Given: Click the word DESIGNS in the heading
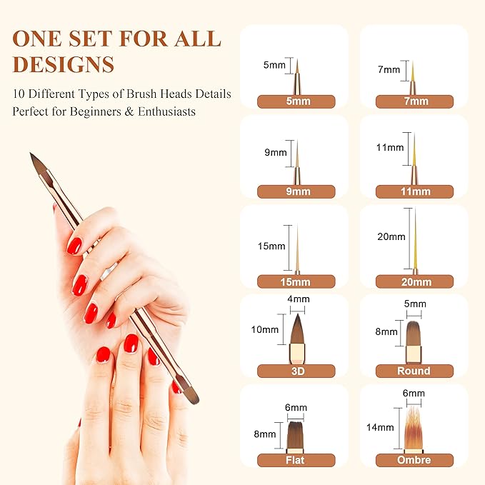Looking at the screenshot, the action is (64, 64).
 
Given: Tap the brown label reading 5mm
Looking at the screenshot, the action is (296, 101).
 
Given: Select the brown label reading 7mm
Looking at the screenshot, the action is (414, 101).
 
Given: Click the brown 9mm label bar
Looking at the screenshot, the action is (296, 191).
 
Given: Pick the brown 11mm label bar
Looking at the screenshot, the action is (414, 191).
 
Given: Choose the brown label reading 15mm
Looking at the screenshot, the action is (296, 281).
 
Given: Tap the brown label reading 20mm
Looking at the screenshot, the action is (414, 281).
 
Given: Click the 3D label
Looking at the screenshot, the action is (296, 371).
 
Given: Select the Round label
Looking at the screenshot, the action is (414, 371).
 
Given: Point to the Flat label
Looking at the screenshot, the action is (296, 460).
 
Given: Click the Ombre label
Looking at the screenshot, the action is (414, 460).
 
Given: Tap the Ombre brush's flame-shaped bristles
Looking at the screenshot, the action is (414, 429).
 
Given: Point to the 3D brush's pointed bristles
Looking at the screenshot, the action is (298, 329).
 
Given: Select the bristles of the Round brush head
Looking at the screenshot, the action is (414, 334).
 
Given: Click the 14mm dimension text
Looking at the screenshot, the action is (380, 427).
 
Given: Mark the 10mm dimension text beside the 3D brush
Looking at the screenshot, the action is (265, 330).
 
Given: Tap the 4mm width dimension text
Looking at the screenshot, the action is (299, 299).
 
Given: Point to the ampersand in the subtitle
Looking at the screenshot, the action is (129, 111).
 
